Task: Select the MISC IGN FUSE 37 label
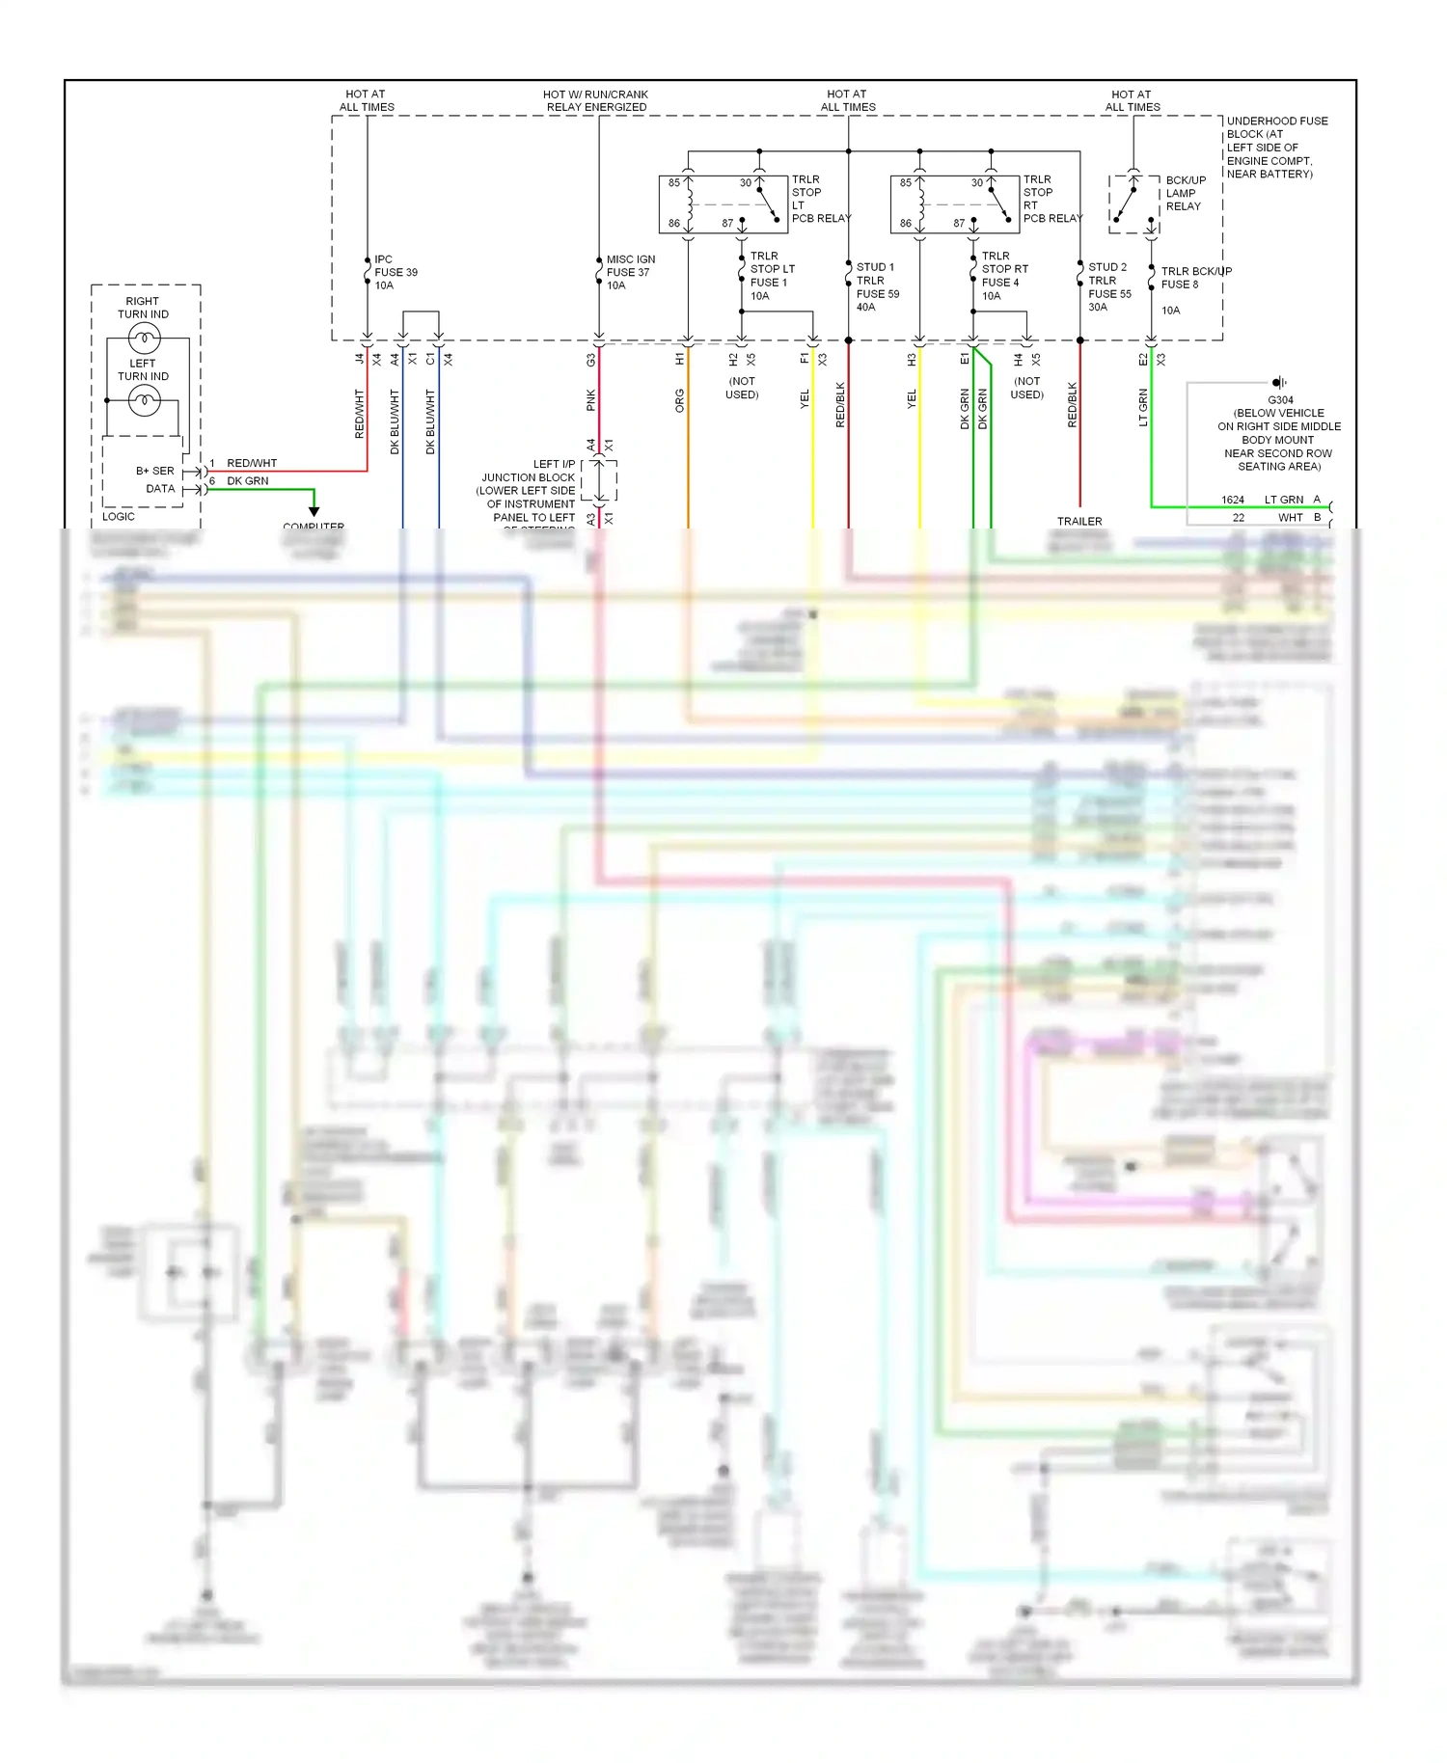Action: [x=629, y=272]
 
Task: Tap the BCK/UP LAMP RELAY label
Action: [x=1185, y=193]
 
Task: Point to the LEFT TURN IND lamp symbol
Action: [x=145, y=399]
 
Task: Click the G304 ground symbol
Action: [x=1279, y=382]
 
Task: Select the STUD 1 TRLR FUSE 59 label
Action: [x=876, y=286]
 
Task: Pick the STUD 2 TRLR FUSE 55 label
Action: [x=1107, y=286]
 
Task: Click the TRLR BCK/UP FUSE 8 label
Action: [x=1194, y=278]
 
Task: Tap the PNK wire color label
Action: [x=591, y=400]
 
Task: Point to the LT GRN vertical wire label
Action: [x=1143, y=407]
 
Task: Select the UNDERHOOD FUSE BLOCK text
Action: [x=1275, y=147]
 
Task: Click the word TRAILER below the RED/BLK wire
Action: [x=1079, y=521]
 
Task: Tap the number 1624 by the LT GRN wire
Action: [x=1232, y=500]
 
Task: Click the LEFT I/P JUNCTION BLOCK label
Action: [x=529, y=490]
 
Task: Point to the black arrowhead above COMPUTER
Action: [x=314, y=511]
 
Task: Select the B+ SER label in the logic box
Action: [x=154, y=471]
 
